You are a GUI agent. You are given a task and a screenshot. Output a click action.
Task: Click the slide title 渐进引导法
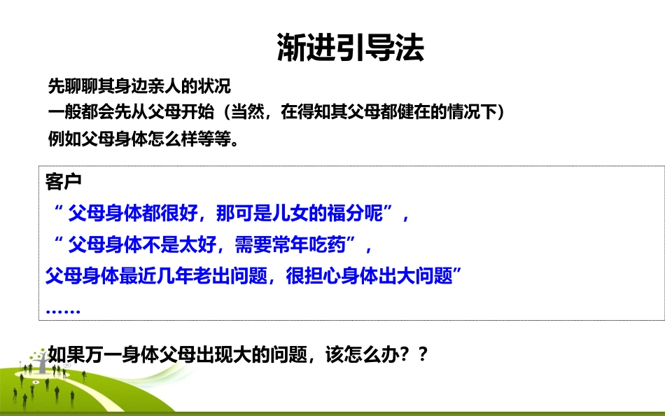(x=350, y=48)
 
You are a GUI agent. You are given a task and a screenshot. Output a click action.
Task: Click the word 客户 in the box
(x=64, y=182)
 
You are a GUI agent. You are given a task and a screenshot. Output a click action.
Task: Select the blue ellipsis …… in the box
(x=64, y=310)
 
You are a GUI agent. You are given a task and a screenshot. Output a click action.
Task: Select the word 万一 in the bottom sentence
(x=101, y=355)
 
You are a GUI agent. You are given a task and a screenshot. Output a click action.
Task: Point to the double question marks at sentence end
(x=414, y=355)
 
